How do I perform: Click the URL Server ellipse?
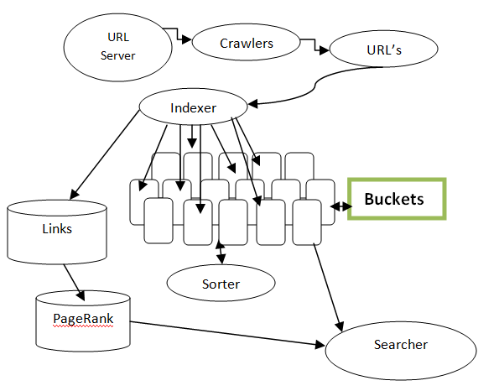tap(118, 47)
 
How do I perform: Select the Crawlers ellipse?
tap(246, 42)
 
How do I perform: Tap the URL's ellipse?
tap(384, 49)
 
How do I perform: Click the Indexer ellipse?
tap(194, 107)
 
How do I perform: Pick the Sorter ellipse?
tap(221, 283)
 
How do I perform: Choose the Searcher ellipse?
tap(401, 350)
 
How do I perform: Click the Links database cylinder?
tap(57, 232)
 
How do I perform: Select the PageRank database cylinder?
tap(83, 321)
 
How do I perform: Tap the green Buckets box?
tap(397, 199)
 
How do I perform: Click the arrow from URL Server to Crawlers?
tap(178, 34)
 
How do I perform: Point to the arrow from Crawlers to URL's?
tap(315, 45)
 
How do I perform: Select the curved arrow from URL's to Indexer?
tap(314, 86)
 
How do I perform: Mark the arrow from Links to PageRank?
tap(74, 283)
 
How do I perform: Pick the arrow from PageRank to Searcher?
tap(227, 333)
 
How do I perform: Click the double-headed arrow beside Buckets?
tap(341, 206)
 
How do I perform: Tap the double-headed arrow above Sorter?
tap(221, 253)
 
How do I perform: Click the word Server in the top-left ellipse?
tap(117, 55)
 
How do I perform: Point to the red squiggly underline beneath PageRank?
tap(83, 326)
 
